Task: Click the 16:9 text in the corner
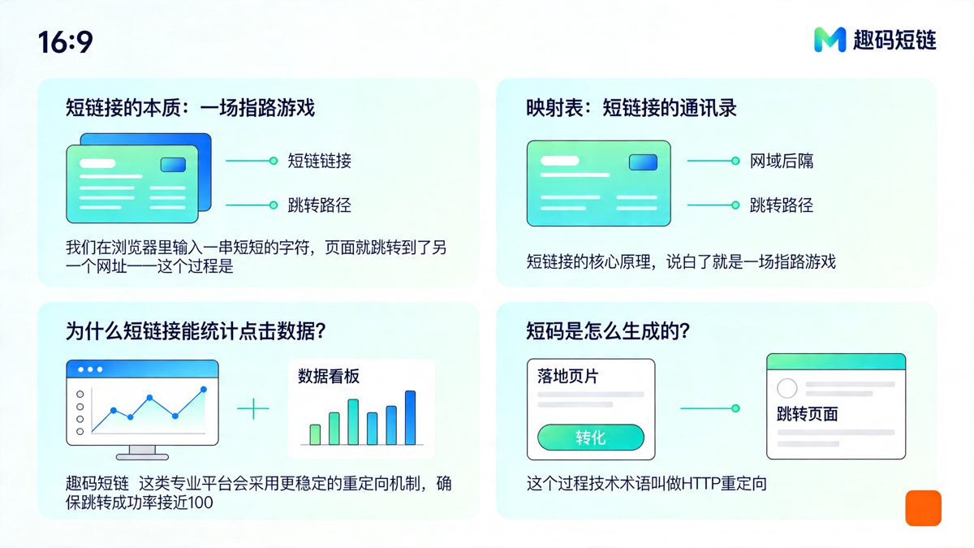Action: tap(65, 41)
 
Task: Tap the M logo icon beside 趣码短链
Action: tap(830, 39)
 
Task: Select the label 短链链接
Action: tap(320, 161)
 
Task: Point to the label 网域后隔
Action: tap(781, 161)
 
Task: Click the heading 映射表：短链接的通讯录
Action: tap(631, 107)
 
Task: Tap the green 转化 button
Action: tap(590, 437)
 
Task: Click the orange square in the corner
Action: tap(923, 508)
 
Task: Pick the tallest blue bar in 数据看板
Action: tap(410, 417)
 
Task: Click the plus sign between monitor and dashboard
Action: tap(253, 408)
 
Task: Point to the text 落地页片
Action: tap(568, 377)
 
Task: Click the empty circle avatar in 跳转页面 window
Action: tap(787, 388)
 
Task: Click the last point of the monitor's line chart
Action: tap(203, 390)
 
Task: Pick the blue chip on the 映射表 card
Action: tap(643, 162)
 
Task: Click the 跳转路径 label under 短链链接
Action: tap(320, 205)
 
